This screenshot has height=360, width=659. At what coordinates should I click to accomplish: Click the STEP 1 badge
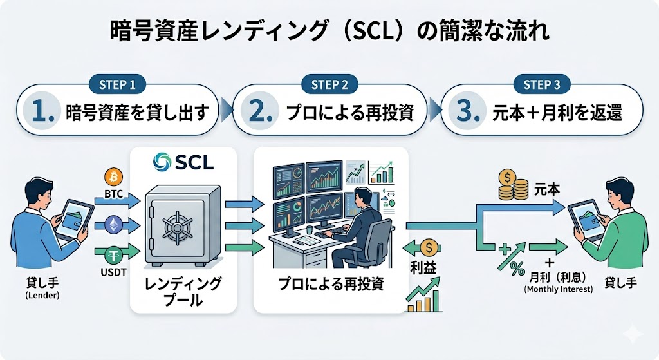(x=117, y=84)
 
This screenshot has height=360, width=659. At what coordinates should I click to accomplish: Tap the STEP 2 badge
(x=329, y=84)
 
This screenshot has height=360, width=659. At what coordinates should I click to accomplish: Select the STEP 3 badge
(x=542, y=84)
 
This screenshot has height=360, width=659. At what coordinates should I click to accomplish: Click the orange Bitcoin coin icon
(x=113, y=177)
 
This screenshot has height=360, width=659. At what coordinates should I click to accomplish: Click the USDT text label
(x=113, y=272)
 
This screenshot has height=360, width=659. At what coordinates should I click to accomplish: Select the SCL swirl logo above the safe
(x=162, y=162)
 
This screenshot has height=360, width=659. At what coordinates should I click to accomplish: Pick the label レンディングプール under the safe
(x=183, y=292)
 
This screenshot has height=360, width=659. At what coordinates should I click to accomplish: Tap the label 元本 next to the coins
(x=547, y=190)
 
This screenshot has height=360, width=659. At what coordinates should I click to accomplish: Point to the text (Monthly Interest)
(x=558, y=289)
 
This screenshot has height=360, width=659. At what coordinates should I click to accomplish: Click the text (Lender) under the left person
(x=42, y=295)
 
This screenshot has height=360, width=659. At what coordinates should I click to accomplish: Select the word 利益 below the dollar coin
(x=423, y=268)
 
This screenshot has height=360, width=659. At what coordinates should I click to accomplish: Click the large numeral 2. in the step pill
(x=261, y=111)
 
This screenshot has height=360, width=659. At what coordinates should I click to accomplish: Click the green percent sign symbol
(x=517, y=269)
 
